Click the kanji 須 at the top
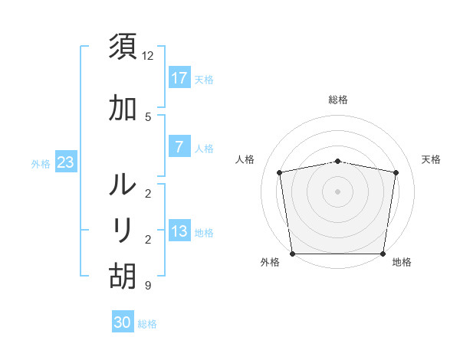(123, 45)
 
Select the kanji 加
(123, 110)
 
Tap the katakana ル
(123, 185)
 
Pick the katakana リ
(123, 229)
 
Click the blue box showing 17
(179, 78)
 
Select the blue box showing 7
(179, 147)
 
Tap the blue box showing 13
(179, 232)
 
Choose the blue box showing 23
(65, 162)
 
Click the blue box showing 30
(123, 322)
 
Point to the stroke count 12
(148, 56)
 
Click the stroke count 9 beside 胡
(147, 286)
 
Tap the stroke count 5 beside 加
(147, 116)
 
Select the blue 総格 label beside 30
(147, 324)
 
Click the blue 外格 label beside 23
(41, 163)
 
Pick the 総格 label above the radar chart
(338, 100)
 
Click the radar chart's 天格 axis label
(432, 159)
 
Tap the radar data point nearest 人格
(280, 172)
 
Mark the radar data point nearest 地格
(383, 254)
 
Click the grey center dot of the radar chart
(338, 191)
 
